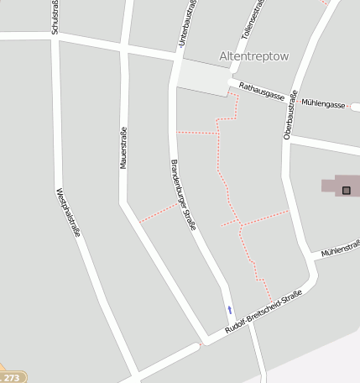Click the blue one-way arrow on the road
point(229,309)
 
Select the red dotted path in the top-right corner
point(325,3)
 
